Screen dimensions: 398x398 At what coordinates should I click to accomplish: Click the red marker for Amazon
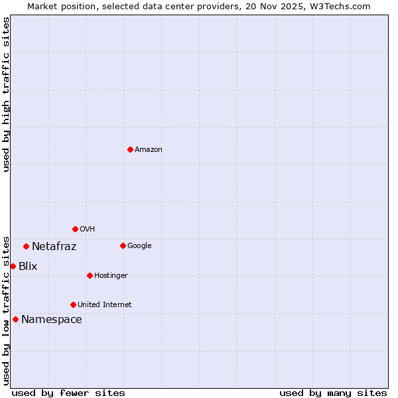[x=130, y=149]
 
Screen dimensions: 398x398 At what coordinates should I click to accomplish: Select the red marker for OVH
[x=75, y=229]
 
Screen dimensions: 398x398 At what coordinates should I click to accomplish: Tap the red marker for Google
[x=123, y=245]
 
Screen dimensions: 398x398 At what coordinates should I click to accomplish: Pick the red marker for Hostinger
[x=90, y=275]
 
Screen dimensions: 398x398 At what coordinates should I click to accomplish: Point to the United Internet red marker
[x=73, y=304]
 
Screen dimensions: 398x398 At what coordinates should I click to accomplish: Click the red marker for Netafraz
[x=26, y=246]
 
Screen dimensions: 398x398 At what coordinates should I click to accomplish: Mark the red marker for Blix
[x=13, y=266]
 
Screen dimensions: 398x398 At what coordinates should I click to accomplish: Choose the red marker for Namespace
[x=15, y=319]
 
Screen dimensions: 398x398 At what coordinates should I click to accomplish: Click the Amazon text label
[x=149, y=150]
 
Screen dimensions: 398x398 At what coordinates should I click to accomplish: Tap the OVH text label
[x=88, y=230]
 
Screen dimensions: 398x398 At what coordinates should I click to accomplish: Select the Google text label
[x=139, y=246]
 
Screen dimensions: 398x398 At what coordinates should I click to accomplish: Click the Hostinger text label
[x=111, y=276]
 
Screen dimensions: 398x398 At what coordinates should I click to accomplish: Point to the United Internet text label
[x=105, y=305]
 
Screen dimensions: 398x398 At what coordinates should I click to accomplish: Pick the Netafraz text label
[x=54, y=247]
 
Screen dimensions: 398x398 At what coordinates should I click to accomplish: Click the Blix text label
[x=28, y=267]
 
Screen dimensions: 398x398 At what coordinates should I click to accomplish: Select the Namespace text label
[x=52, y=320]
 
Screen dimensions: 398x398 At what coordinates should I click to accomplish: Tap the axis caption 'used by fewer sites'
[x=68, y=393]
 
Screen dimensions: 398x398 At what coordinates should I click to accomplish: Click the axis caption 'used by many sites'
[x=333, y=393]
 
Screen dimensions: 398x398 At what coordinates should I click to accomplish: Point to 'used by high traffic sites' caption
[x=6, y=94]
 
